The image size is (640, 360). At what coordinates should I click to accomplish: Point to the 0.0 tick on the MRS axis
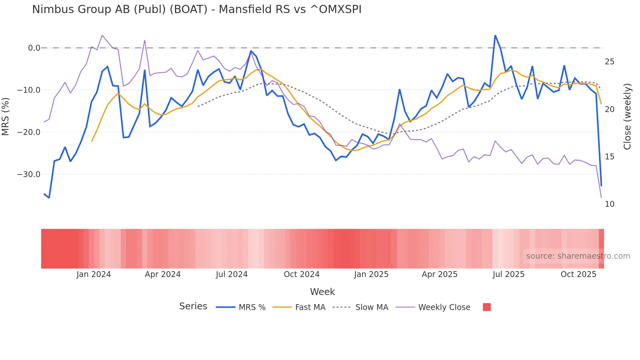34,48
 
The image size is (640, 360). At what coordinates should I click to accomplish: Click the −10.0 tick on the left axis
29,90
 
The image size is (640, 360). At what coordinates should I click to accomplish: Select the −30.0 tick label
29,174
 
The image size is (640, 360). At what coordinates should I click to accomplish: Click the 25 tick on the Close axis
609,62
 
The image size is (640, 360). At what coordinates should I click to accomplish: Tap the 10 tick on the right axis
609,204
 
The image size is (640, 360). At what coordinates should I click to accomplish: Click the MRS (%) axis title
6,116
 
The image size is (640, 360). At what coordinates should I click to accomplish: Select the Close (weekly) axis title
627,117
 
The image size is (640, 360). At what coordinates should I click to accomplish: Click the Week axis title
322,292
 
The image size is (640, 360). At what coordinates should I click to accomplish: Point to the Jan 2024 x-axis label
94,274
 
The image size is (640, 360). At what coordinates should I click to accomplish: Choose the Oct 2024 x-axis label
301,274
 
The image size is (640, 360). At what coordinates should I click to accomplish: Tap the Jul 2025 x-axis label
508,274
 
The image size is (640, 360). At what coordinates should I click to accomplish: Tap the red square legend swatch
487,307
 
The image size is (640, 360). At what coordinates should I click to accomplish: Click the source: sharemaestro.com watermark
578,256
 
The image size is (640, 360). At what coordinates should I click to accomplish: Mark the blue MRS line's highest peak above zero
495,35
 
